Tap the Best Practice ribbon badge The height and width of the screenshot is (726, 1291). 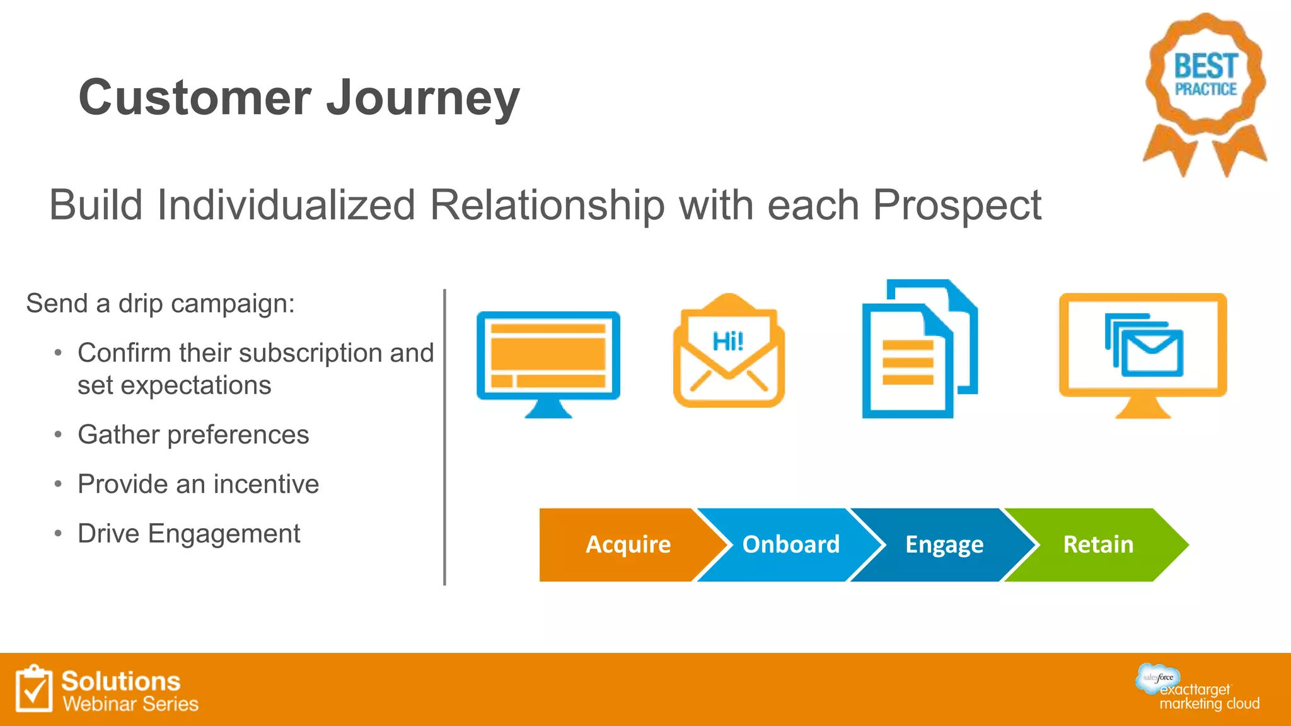tap(1205, 88)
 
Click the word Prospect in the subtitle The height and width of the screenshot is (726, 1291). tap(956, 206)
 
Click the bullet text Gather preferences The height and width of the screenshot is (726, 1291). tap(193, 435)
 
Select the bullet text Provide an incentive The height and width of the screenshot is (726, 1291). tap(198, 485)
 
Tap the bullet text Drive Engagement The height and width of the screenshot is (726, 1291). tap(188, 534)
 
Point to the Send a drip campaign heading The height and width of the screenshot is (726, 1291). tap(160, 304)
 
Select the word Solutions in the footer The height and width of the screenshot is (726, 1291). tap(120, 681)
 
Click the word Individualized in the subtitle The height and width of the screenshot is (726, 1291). tap(286, 206)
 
